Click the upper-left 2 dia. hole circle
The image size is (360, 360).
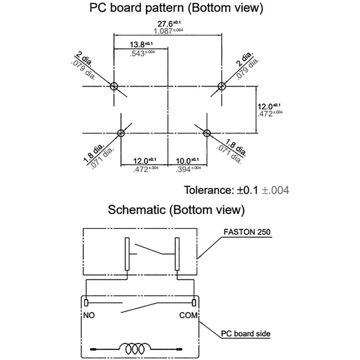114,86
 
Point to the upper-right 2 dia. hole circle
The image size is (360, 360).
221,86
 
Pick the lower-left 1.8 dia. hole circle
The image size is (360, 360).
121,133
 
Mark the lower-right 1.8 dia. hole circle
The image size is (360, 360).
207,133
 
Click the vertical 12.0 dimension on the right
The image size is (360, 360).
266,107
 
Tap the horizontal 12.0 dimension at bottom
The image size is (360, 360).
141,161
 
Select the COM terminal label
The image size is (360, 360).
189,315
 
